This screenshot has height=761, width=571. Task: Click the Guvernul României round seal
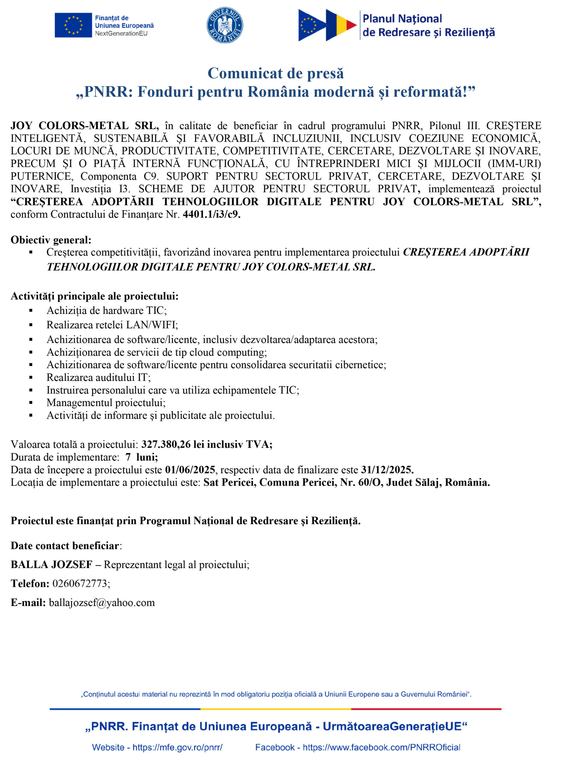tap(225, 25)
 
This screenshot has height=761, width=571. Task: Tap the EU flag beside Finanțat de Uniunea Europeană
tap(73, 25)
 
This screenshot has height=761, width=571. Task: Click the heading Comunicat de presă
tap(275, 73)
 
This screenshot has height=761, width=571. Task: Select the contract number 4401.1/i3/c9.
tap(212, 214)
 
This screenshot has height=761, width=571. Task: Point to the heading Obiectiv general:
tap(51, 240)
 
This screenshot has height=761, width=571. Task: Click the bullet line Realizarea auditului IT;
tap(99, 378)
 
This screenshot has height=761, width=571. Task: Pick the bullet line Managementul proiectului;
tap(106, 402)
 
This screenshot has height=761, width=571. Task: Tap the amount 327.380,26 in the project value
tap(166, 444)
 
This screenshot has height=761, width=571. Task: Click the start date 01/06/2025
tap(190, 470)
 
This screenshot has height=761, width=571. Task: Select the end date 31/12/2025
tap(386, 470)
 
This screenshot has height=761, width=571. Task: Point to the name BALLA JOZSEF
tap(52, 565)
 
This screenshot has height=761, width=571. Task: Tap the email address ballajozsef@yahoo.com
tap(102, 602)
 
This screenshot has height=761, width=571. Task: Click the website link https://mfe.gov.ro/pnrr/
tap(177, 747)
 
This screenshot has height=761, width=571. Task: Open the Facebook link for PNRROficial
tap(381, 747)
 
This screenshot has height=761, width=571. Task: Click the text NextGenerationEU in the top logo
tap(121, 33)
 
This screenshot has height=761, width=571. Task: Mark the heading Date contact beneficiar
tap(65, 546)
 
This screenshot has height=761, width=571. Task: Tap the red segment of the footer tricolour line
tap(426, 709)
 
